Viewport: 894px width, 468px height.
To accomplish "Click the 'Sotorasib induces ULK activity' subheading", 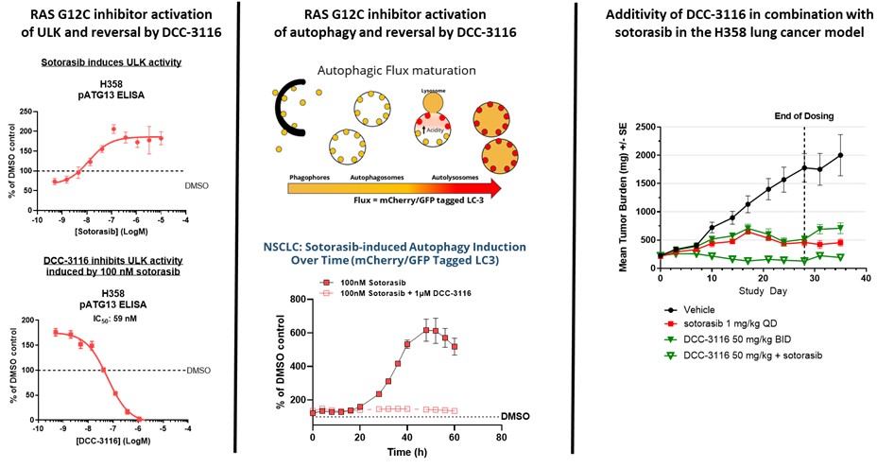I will (116, 62).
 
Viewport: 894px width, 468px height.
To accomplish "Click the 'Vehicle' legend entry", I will (701, 309).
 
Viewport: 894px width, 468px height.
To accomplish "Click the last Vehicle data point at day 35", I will (840, 155).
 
